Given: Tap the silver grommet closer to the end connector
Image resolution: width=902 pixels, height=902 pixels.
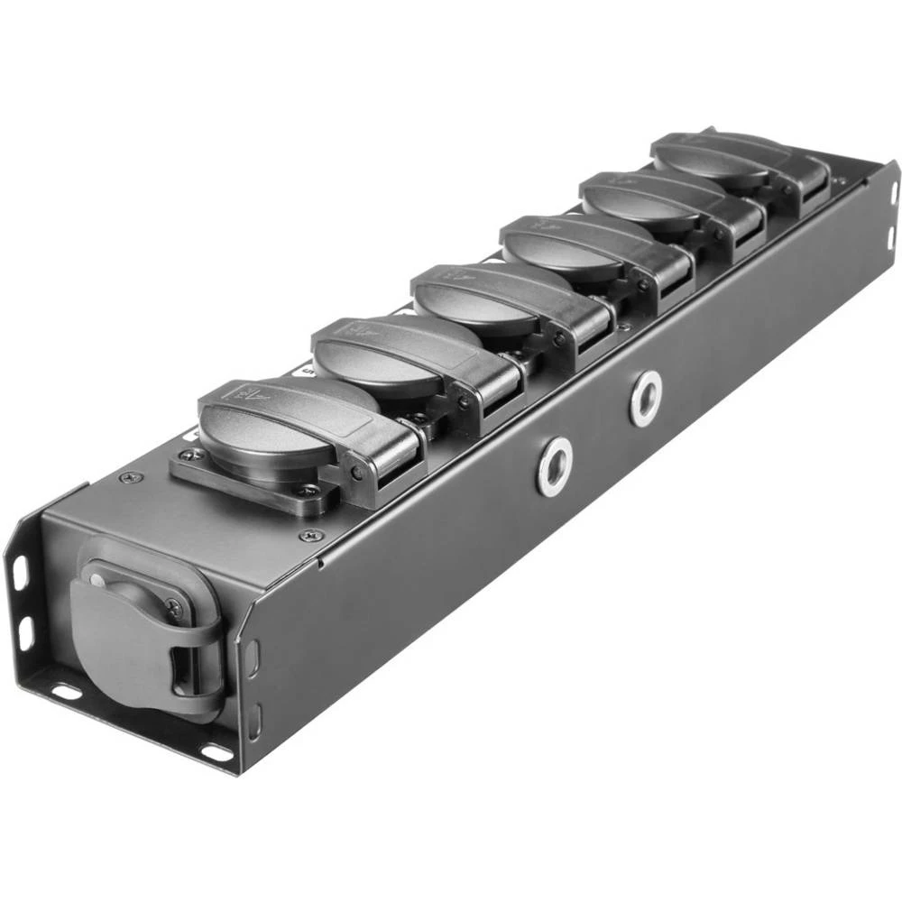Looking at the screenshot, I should [x=554, y=466].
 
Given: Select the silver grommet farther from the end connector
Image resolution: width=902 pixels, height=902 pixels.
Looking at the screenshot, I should [x=646, y=398].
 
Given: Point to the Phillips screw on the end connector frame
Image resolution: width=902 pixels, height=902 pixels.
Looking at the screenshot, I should [x=173, y=610].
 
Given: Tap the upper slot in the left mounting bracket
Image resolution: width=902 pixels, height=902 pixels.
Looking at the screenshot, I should [x=20, y=570].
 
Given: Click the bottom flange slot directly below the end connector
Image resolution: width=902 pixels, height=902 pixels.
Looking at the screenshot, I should [x=67, y=692].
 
